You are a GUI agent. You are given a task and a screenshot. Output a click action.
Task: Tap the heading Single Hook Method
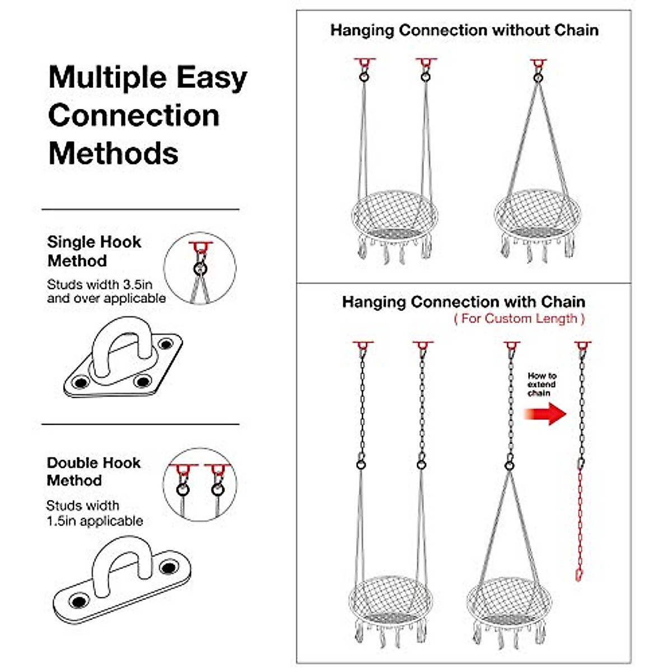pyautogui.click(x=94, y=251)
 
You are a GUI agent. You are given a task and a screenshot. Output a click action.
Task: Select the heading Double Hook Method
pyautogui.click(x=94, y=472)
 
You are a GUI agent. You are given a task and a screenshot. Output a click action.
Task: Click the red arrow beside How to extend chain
pyautogui.click(x=545, y=414)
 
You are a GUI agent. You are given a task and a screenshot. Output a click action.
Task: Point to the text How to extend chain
pyautogui.click(x=542, y=385)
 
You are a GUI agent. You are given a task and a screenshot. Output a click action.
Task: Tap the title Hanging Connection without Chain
pyautogui.click(x=464, y=30)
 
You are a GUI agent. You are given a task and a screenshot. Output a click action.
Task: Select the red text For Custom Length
pyautogui.click(x=519, y=319)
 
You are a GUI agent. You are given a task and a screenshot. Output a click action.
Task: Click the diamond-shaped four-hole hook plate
pyautogui.click(x=122, y=358)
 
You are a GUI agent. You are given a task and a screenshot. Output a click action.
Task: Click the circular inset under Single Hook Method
pyautogui.click(x=200, y=268)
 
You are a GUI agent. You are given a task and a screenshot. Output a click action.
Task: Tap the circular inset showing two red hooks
pyautogui.click(x=200, y=485)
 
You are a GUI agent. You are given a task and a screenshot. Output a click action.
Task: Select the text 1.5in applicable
pyautogui.click(x=95, y=521)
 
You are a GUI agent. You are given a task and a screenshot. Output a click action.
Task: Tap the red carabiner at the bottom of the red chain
pyautogui.click(x=579, y=575)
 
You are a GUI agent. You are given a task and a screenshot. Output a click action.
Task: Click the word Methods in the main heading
pyautogui.click(x=113, y=153)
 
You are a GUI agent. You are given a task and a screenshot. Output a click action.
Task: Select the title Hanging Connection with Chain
pyautogui.click(x=464, y=302)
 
